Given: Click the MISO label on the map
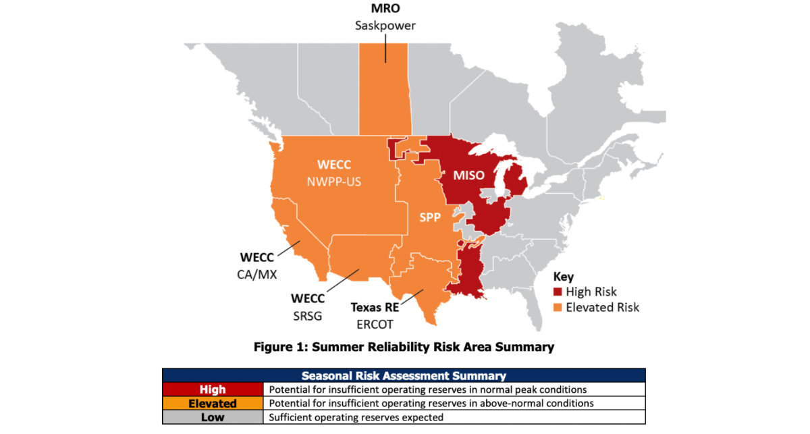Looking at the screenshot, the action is tap(468, 175).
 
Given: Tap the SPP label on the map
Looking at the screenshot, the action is tap(430, 217).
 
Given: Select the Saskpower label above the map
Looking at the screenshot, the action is tap(385, 26).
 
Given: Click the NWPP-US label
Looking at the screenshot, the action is tap(333, 182).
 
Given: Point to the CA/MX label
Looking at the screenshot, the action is tap(256, 275).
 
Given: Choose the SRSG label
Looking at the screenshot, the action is tap(307, 316).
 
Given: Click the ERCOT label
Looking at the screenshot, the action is tap(375, 325).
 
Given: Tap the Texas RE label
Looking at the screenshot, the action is tap(375, 307).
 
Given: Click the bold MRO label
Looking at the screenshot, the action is tap(385, 8).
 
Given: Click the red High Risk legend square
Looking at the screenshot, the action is tap(558, 292).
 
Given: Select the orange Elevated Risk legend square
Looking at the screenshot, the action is tap(558, 307).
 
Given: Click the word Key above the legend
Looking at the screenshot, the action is tap(564, 277).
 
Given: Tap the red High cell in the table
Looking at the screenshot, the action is tap(213, 389).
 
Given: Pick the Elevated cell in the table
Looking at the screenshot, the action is tap(213, 403).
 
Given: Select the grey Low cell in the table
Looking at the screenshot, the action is tap(213, 417).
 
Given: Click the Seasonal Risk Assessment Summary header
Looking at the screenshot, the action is tap(404, 376).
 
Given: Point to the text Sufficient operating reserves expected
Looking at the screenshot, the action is tap(356, 417).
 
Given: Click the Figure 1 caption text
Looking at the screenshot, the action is tap(404, 347).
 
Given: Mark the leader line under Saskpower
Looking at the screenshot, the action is tap(385, 49).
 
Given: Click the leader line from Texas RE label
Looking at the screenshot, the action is tap(412, 297).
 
